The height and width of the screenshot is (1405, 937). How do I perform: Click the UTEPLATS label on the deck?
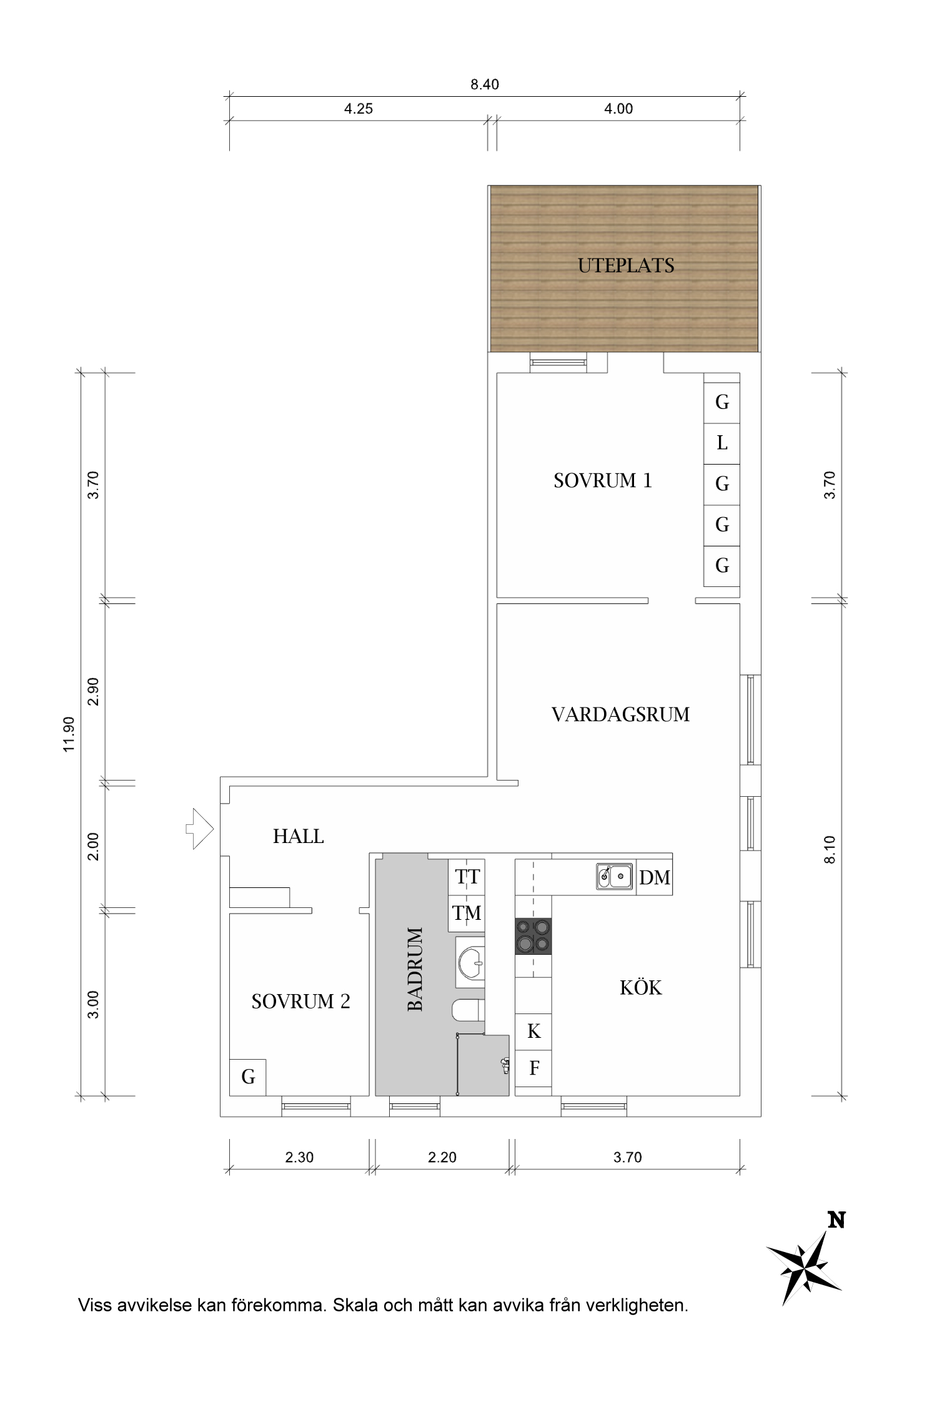click(x=626, y=266)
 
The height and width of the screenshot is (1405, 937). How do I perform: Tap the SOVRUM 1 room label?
click(x=603, y=481)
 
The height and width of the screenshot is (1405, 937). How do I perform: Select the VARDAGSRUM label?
click(x=620, y=714)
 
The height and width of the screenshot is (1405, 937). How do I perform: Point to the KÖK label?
click(x=640, y=988)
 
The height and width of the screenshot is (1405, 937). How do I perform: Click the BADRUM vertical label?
click(x=415, y=969)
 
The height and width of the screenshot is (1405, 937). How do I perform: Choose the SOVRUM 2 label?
click(x=300, y=1002)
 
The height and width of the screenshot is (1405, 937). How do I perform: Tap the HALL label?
click(x=298, y=837)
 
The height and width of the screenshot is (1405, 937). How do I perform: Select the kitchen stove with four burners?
click(x=533, y=936)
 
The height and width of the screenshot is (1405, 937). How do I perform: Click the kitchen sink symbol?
click(x=614, y=876)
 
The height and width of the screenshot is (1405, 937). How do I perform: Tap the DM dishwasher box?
click(x=655, y=878)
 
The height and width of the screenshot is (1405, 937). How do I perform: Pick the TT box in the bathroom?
click(x=467, y=877)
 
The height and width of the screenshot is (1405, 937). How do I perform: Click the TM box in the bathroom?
click(x=467, y=914)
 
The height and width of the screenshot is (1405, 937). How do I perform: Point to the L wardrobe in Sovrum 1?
click(x=722, y=443)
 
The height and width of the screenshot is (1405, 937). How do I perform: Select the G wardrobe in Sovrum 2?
click(x=248, y=1077)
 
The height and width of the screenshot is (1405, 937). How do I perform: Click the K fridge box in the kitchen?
click(x=533, y=1031)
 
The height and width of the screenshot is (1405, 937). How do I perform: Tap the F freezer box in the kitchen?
click(x=533, y=1068)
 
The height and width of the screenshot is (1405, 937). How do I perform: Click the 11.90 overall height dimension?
click(x=69, y=734)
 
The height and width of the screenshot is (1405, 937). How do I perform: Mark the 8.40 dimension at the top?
click(x=485, y=84)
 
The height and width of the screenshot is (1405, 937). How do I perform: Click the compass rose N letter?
click(x=836, y=1220)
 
